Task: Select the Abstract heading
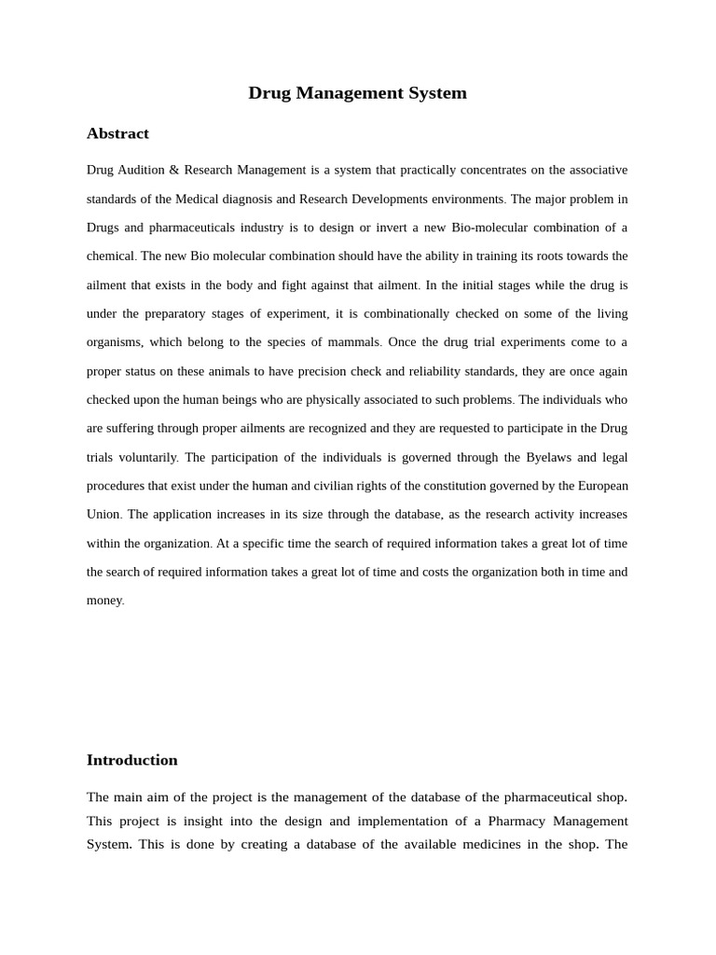click(x=117, y=133)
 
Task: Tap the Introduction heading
click(x=131, y=760)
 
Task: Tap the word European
click(x=603, y=486)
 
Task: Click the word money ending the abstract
click(x=104, y=601)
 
